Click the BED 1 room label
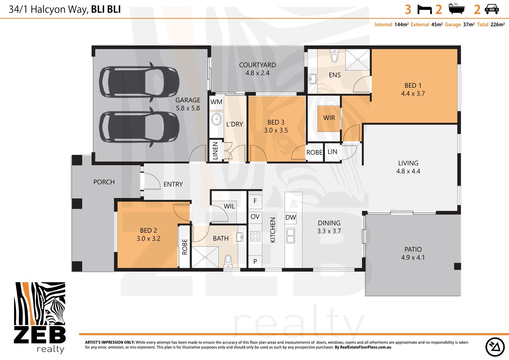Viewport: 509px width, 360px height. click(x=413, y=89)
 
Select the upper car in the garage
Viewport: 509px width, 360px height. click(x=139, y=82)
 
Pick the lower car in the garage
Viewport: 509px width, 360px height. click(x=139, y=127)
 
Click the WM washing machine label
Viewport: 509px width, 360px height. click(x=216, y=102)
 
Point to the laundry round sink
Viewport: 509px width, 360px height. click(x=217, y=119)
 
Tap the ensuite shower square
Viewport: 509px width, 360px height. click(x=358, y=60)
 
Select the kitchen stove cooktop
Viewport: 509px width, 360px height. click(x=255, y=236)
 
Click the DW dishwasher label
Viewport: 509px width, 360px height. click(x=290, y=217)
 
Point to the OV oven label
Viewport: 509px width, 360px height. click(x=255, y=217)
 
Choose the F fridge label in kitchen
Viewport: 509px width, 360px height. click(x=255, y=201)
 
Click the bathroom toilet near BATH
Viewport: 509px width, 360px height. click(x=228, y=261)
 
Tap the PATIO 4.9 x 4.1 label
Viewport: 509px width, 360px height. click(x=413, y=253)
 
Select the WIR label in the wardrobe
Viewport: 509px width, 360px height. click(x=329, y=118)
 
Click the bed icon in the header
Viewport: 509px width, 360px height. click(x=424, y=10)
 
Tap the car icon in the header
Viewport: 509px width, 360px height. click(x=492, y=9)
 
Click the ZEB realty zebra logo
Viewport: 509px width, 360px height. click(x=40, y=317)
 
